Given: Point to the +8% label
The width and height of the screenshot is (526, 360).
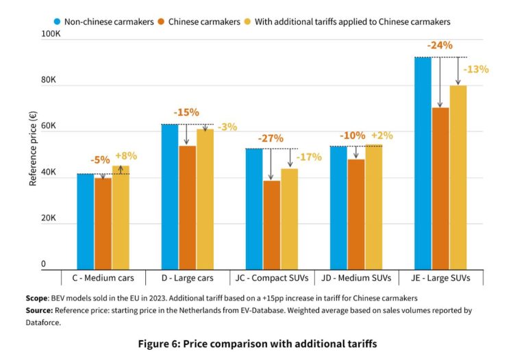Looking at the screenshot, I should point(126,155).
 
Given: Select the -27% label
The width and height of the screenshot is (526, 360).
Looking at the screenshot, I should point(271,138).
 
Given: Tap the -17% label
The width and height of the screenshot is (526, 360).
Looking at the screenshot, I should point(309,157).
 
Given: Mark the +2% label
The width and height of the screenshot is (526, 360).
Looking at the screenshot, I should point(382,136).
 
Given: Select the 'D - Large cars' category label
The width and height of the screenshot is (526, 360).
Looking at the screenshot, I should point(187,278).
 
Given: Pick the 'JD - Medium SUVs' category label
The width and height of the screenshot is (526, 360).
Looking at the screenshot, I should point(356,278).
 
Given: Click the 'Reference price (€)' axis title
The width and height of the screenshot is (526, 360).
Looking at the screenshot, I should point(33,150).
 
